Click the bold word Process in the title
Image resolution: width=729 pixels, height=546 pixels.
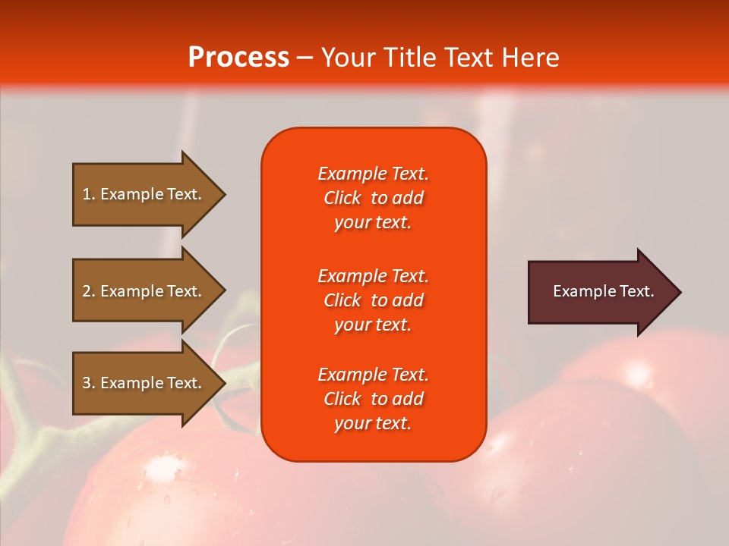(238, 58)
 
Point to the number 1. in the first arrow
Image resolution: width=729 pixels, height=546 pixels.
(89, 194)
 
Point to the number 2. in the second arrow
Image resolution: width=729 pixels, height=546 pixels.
(89, 291)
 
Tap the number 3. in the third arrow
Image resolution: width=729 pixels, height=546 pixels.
(89, 383)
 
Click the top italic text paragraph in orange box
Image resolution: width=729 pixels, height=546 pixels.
(373, 198)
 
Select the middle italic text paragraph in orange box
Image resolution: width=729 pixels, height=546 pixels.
(373, 300)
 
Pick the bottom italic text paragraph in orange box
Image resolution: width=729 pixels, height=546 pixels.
(373, 399)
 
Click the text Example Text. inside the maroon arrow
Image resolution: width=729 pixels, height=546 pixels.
(604, 291)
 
